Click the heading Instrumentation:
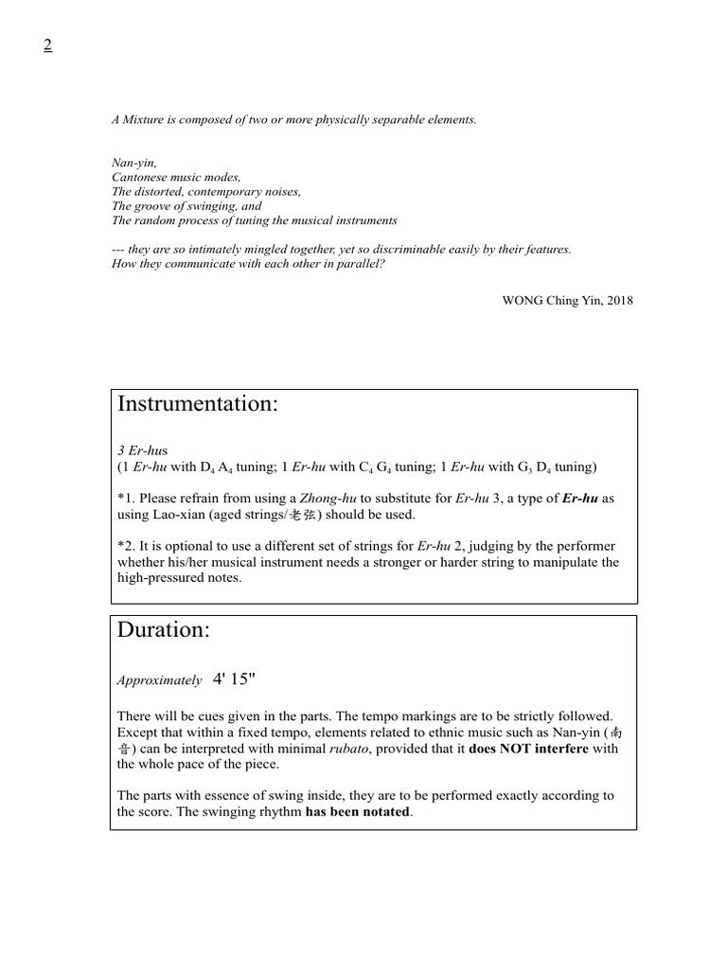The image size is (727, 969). (x=197, y=404)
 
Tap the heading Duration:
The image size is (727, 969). (x=163, y=630)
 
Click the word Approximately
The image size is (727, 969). (x=159, y=680)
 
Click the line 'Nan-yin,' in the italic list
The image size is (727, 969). (x=133, y=163)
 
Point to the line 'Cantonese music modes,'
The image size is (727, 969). (x=176, y=177)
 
